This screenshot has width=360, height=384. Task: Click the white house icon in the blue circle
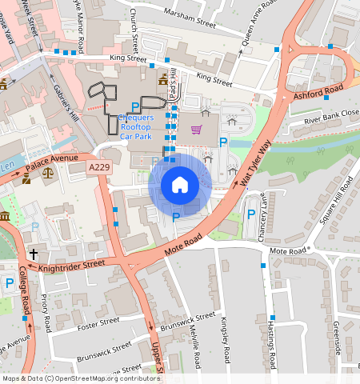pyautogui.click(x=180, y=185)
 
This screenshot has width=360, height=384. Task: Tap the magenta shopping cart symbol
pyautogui.click(x=196, y=129)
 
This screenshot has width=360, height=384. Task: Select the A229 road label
pyautogui.click(x=99, y=166)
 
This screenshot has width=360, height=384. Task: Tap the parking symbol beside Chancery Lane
pyautogui.click(x=251, y=214)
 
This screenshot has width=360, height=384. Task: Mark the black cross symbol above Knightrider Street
pyautogui.click(x=34, y=254)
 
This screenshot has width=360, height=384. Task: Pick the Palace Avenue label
pyautogui.click(x=51, y=162)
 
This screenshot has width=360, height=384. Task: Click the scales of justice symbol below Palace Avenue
pyautogui.click(x=47, y=171)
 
